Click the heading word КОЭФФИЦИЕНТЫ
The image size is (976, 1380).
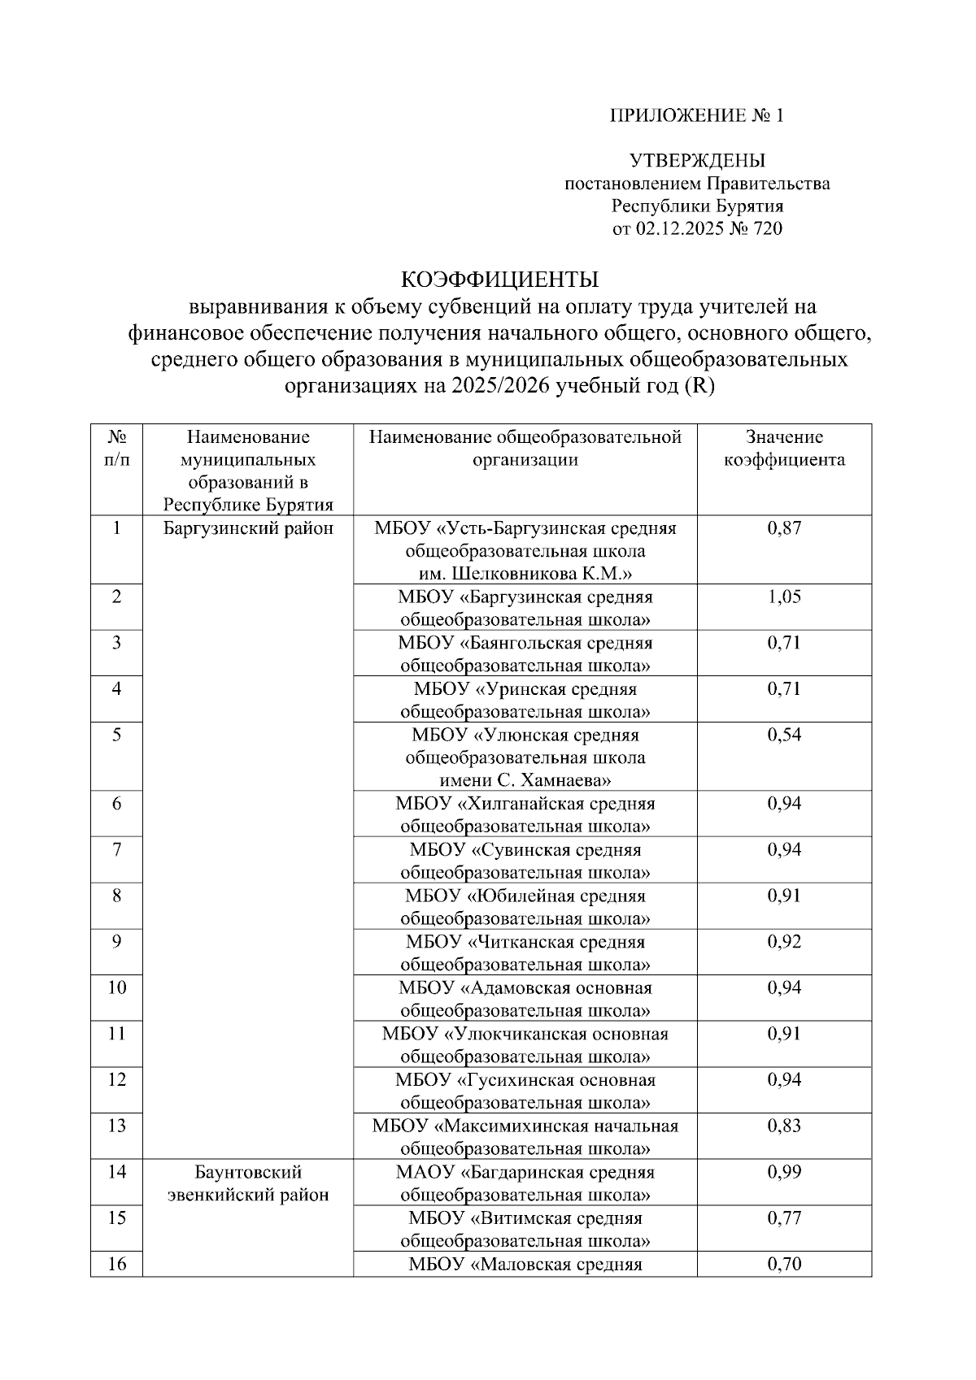(500, 280)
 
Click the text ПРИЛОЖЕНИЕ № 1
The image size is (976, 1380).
(697, 115)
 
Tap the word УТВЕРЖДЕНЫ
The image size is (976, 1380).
(697, 161)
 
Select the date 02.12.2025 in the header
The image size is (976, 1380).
(686, 229)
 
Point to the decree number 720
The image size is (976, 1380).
(768, 229)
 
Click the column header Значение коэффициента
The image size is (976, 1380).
(784, 449)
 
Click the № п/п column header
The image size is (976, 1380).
(116, 449)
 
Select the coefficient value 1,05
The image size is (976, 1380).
(784, 597)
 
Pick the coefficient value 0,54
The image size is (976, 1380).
(784, 736)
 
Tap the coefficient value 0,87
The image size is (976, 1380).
(784, 528)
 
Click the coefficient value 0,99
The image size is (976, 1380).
(784, 1172)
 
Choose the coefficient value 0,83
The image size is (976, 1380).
(784, 1126)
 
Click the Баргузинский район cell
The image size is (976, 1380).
(248, 529)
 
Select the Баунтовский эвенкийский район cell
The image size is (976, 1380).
(248, 1183)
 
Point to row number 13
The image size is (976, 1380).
(116, 1126)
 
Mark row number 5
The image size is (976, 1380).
(116, 736)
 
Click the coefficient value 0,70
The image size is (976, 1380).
(784, 1265)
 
